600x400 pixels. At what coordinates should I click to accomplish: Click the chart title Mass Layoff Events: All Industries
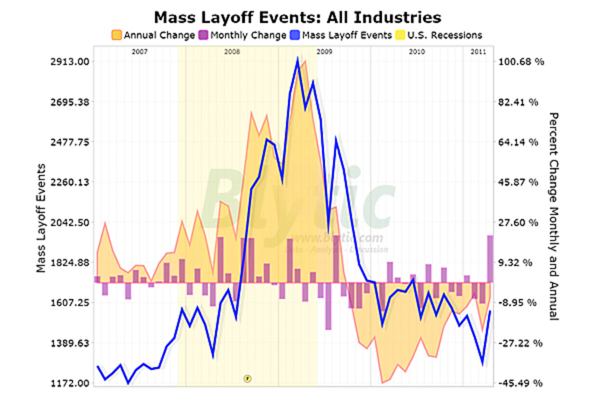click(x=297, y=17)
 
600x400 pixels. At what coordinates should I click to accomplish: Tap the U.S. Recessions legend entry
click(x=440, y=35)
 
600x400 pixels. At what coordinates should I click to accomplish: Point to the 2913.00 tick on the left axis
click(x=70, y=61)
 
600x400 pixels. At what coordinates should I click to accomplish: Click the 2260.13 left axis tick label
click(x=70, y=182)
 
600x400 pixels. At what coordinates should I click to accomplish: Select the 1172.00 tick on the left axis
click(x=70, y=383)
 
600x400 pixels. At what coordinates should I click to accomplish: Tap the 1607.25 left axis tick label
click(x=70, y=303)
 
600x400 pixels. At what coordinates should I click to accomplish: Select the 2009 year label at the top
click(x=324, y=51)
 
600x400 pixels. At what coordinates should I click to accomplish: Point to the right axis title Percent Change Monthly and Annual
click(x=553, y=216)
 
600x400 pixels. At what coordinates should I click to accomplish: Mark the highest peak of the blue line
click(x=297, y=59)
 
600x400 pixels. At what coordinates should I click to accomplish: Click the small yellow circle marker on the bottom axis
click(x=247, y=378)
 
